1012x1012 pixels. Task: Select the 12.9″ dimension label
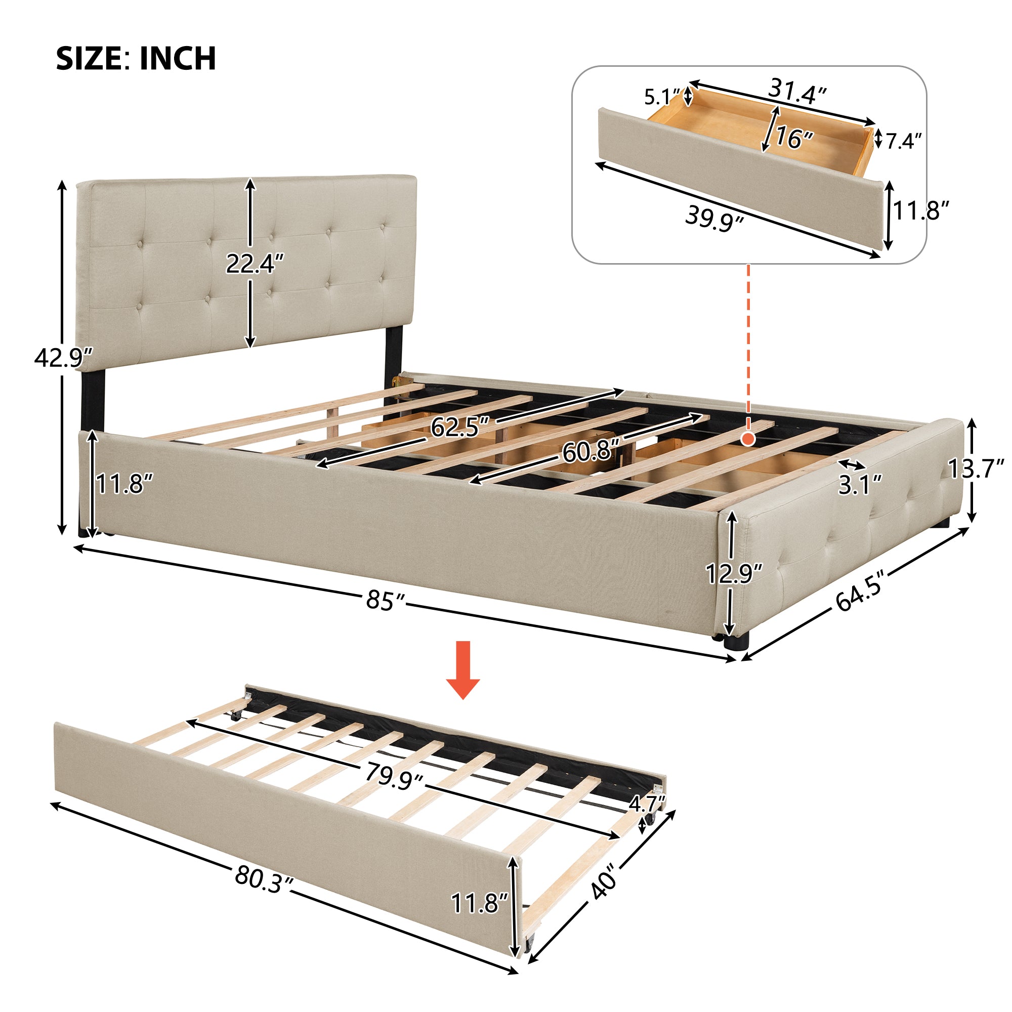(734, 574)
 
